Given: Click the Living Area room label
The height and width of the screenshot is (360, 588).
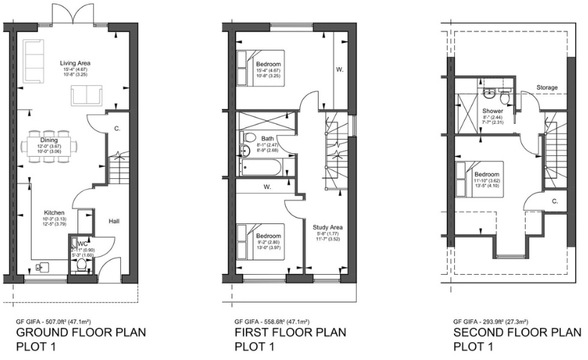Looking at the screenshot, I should pos(74,63).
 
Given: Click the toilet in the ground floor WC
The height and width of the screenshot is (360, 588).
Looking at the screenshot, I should pos(82,265).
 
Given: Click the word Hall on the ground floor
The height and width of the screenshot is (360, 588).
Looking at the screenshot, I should pos(114,221).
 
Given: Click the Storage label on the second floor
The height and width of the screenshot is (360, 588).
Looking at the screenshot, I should pos(547,88).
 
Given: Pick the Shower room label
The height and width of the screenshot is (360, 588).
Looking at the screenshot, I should pos(492,112).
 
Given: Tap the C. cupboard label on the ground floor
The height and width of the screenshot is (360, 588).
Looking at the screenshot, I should pos(116,129).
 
